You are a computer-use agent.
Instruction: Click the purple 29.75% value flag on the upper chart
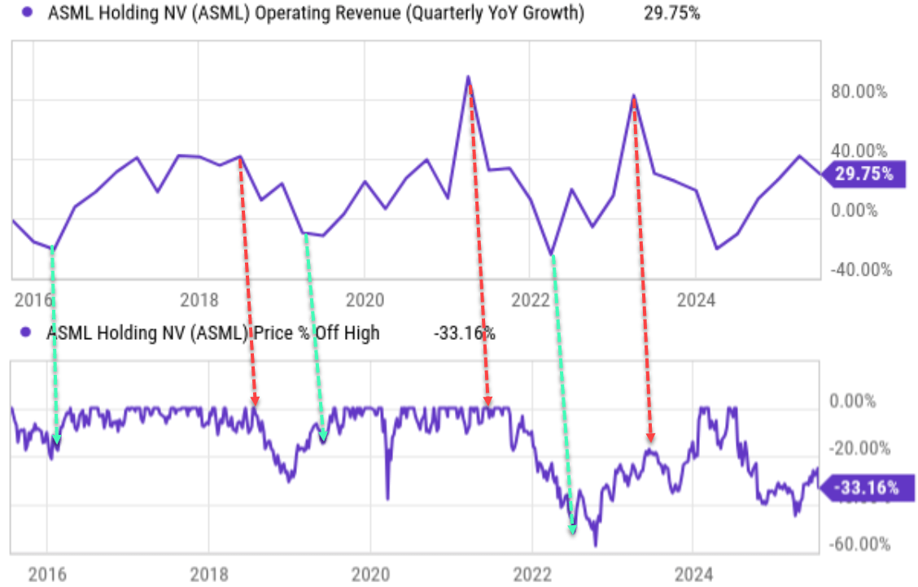pos(863,174)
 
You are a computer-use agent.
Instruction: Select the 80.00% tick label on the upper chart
pos(859,92)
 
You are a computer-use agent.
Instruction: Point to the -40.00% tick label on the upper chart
pos(858,270)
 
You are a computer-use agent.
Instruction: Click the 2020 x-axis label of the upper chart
pos(364,301)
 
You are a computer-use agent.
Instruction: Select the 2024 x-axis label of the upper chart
pos(696,301)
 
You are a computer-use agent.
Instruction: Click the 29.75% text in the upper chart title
pos(671,14)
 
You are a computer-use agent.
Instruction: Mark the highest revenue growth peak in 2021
pos(468,77)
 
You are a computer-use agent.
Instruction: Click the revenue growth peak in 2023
pos(633,96)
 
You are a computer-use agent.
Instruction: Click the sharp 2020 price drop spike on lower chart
pos(387,498)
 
